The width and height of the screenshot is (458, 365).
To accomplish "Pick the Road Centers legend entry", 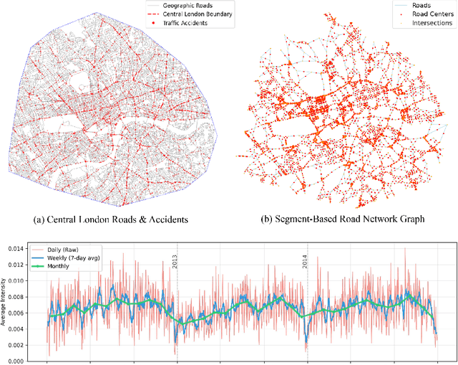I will pyautogui.click(x=432, y=13).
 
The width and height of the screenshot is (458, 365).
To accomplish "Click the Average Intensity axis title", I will pyautogui.click(x=5, y=300).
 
